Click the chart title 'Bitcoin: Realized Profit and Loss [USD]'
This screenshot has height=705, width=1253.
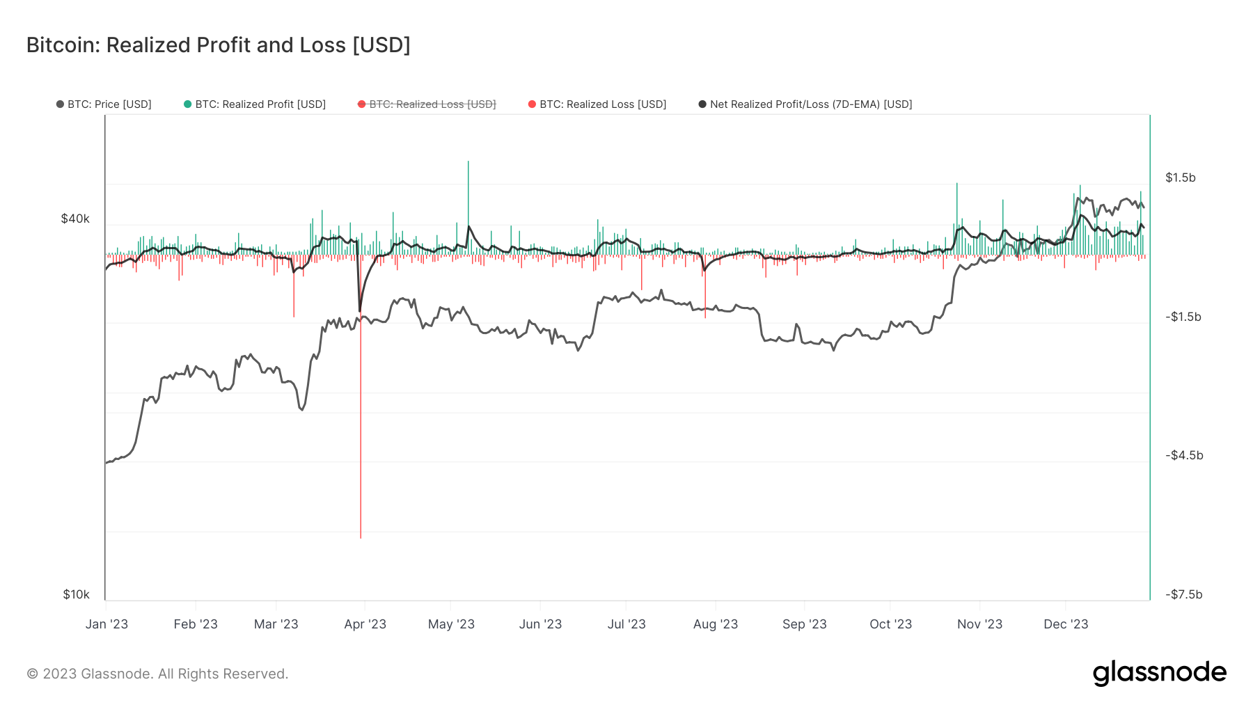point(218,45)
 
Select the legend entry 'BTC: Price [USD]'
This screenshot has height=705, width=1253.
point(104,104)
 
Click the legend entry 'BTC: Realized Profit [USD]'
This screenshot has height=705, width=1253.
point(255,104)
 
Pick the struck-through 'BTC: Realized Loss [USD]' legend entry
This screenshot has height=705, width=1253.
point(427,104)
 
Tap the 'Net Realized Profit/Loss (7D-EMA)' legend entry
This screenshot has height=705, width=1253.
point(805,104)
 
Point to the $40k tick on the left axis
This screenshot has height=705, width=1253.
point(75,219)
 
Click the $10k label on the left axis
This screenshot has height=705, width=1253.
point(76,594)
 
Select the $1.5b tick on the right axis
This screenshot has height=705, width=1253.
point(1181,177)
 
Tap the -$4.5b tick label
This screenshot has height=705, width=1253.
point(1184,455)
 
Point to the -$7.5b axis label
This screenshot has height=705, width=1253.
point(1184,594)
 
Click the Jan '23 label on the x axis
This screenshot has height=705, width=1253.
point(107,624)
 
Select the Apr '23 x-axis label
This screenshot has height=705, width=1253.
point(365,624)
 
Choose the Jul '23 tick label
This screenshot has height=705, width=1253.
point(626,624)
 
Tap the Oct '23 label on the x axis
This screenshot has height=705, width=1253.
point(890,624)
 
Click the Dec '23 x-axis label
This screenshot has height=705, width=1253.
point(1066,624)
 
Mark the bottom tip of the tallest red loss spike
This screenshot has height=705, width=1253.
point(361,537)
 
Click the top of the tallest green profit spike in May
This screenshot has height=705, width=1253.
point(468,162)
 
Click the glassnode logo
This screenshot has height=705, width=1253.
point(1159,673)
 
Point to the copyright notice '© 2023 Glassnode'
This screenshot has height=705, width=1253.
point(157,674)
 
